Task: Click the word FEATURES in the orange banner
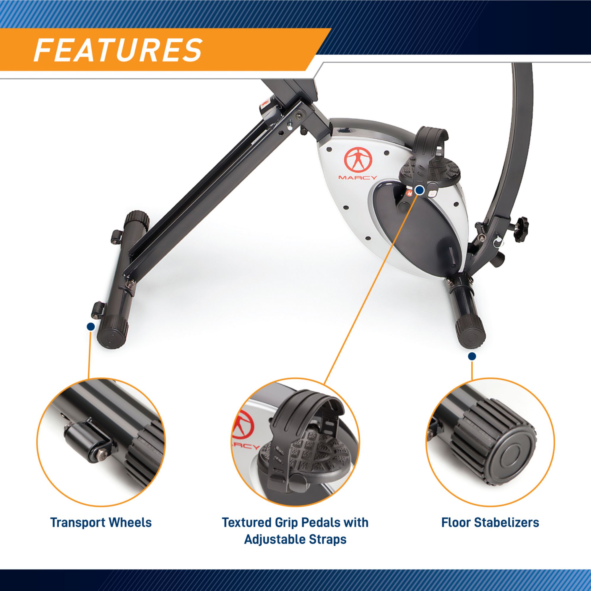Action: pyautogui.click(x=118, y=50)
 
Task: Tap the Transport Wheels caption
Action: pyautogui.click(x=101, y=523)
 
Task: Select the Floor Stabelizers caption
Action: pyautogui.click(x=490, y=523)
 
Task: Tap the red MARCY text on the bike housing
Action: pyautogui.click(x=358, y=177)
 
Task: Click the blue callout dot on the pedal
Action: pyautogui.click(x=420, y=191)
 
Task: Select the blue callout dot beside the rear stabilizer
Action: pyautogui.click(x=90, y=327)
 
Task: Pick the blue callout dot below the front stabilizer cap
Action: pyautogui.click(x=472, y=356)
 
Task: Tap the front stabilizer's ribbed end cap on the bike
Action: pyautogui.click(x=470, y=334)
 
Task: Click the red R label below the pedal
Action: pyautogui.click(x=409, y=193)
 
